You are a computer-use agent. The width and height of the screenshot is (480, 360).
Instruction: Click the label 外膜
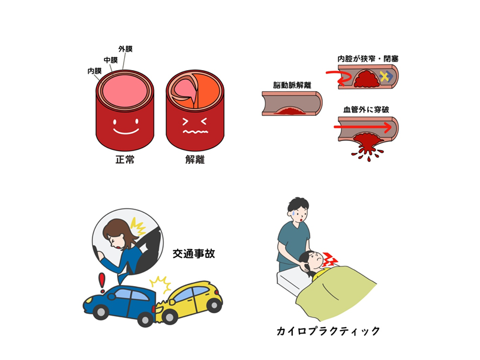coord(125,49)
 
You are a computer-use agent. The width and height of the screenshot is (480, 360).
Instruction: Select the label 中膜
coord(111,60)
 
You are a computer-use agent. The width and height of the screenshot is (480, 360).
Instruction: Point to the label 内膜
coord(95,71)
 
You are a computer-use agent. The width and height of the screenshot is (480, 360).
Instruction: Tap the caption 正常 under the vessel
coord(125,160)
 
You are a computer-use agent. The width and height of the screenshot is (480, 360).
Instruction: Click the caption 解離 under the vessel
coord(195,160)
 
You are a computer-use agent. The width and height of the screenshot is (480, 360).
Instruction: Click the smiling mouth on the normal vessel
coord(126,131)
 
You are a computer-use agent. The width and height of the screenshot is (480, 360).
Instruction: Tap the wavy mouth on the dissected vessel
coord(196,131)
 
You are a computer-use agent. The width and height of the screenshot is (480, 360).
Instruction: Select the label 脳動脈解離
coord(292,85)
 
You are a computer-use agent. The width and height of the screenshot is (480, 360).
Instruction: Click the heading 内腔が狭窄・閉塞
coord(368,59)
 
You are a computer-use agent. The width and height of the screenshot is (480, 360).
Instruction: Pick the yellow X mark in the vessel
coord(384,76)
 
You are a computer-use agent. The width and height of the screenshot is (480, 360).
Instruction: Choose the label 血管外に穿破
coord(366,110)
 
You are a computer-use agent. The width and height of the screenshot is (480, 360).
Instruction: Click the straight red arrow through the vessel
coord(362,127)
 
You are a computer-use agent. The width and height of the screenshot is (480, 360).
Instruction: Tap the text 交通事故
coord(194,254)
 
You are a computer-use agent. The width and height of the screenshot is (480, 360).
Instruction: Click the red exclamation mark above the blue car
coord(101,283)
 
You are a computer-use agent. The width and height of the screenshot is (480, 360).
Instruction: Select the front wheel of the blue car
coord(100,312)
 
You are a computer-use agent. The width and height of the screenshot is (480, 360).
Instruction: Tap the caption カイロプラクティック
coord(328,331)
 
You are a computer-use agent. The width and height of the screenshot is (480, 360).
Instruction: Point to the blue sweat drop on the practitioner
coord(293,212)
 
